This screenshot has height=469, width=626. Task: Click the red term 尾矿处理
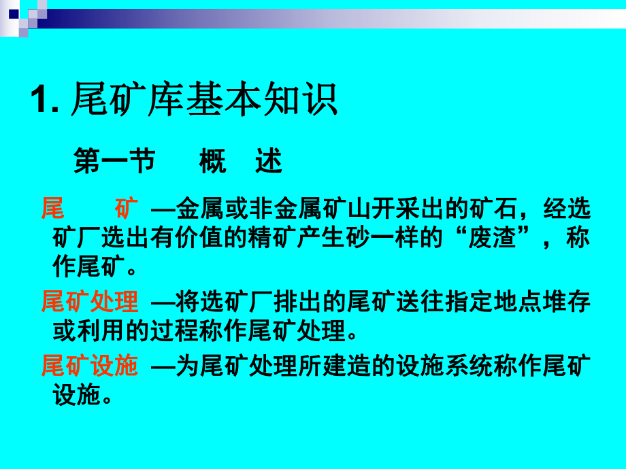pyautogui.click(x=90, y=301)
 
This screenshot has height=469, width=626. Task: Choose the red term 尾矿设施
pyautogui.click(x=90, y=367)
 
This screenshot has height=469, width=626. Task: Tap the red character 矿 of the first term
pyautogui.click(x=127, y=208)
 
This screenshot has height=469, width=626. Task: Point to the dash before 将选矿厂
pyautogui.click(x=161, y=301)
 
